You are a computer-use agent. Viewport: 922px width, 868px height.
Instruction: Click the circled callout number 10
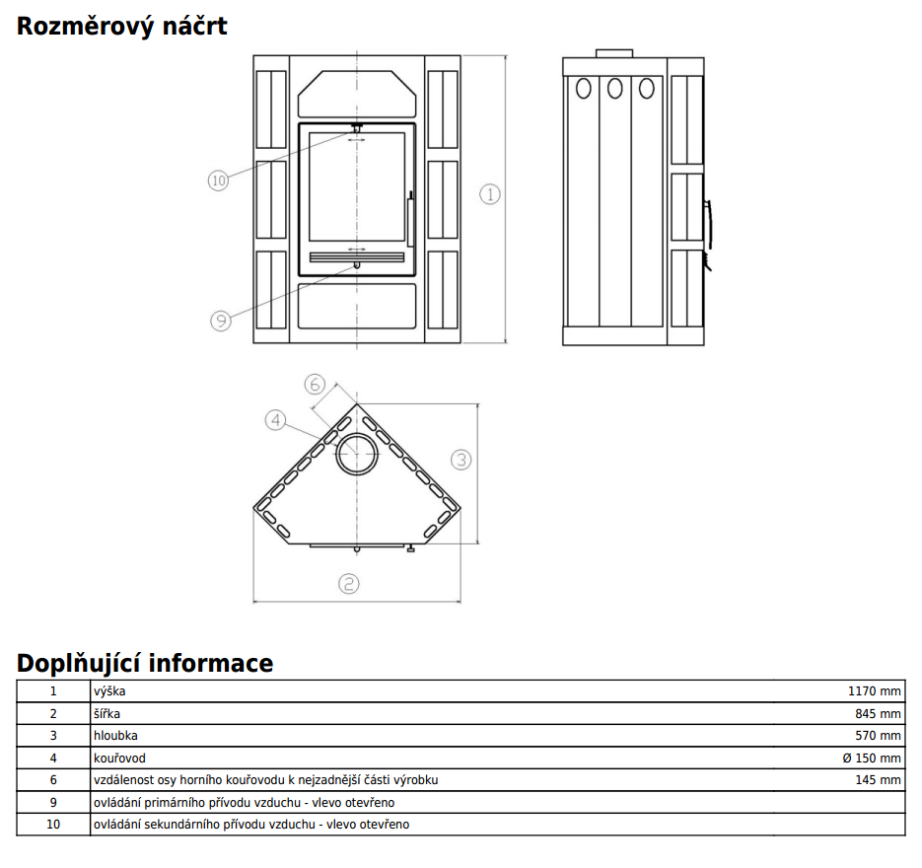pos(218,180)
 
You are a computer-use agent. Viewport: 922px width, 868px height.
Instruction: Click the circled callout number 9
pos(221,321)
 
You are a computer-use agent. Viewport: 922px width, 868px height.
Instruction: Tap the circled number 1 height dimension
pos(490,194)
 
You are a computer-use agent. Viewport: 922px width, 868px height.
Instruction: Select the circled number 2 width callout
pos(348,584)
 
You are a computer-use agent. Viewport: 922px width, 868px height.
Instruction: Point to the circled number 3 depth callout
pos(461,460)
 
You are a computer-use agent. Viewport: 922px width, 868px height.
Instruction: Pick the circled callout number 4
pos(275,420)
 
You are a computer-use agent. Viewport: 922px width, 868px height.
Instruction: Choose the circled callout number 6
pos(315,384)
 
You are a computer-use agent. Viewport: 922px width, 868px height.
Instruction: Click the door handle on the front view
pos(410,219)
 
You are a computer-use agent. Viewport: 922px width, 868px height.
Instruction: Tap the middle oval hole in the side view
pos(615,88)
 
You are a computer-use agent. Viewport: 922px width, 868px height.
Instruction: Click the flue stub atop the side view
pos(614,53)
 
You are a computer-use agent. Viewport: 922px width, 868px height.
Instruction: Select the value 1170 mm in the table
pos(874,691)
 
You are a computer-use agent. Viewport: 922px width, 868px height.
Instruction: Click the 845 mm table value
pos(878,713)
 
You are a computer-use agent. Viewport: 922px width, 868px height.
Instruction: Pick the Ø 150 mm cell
pos(872,759)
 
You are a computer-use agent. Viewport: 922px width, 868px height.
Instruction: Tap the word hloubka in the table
pos(115,735)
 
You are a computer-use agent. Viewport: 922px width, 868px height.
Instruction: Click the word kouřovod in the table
pos(119,759)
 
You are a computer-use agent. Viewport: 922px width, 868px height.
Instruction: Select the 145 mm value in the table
pos(878,780)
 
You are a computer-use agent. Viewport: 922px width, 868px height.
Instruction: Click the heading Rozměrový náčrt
pos(121,27)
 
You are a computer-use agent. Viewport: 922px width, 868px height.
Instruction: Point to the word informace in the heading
pos(210,663)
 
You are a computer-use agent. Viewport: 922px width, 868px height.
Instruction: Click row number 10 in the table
pos(53,825)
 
